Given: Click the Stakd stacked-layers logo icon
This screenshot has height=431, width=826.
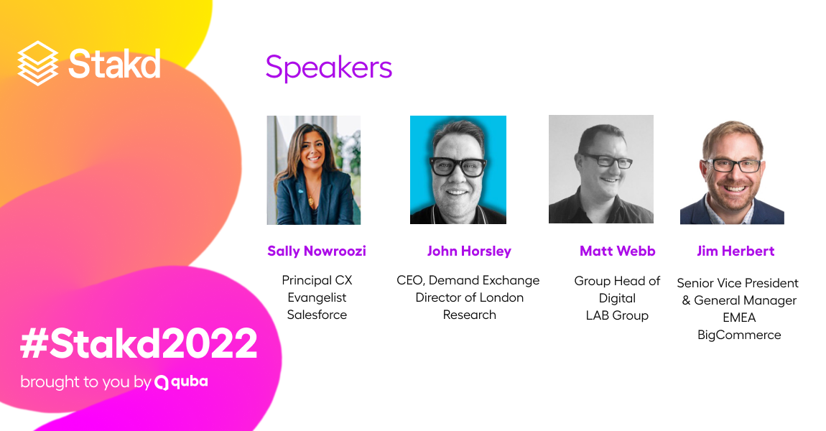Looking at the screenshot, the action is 38,63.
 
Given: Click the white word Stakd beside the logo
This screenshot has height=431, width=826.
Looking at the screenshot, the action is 114,64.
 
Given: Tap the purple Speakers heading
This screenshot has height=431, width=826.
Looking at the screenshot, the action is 329,68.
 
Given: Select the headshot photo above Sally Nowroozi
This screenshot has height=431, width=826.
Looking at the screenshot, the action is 314,170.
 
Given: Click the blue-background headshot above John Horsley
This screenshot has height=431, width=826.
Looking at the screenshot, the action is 458,170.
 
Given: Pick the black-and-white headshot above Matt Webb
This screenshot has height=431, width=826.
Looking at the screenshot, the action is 601,169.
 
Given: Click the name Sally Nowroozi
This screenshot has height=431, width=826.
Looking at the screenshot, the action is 317,251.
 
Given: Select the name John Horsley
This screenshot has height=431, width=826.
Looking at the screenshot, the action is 469,251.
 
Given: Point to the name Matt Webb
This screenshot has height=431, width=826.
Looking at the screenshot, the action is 618,251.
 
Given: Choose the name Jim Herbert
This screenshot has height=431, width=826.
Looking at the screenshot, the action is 736,251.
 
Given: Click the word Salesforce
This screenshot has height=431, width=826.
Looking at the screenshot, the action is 317,315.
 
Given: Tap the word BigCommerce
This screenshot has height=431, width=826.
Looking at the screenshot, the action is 739,335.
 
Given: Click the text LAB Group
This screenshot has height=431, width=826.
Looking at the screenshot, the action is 618,315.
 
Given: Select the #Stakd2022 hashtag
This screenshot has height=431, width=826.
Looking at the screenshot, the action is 139,343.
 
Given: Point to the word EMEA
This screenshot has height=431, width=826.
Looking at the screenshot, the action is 739,318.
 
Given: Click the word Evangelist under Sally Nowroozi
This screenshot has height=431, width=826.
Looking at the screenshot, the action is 317,297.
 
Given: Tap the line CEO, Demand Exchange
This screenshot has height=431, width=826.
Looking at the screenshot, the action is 468,280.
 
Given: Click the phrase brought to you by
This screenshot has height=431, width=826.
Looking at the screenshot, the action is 86,382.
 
